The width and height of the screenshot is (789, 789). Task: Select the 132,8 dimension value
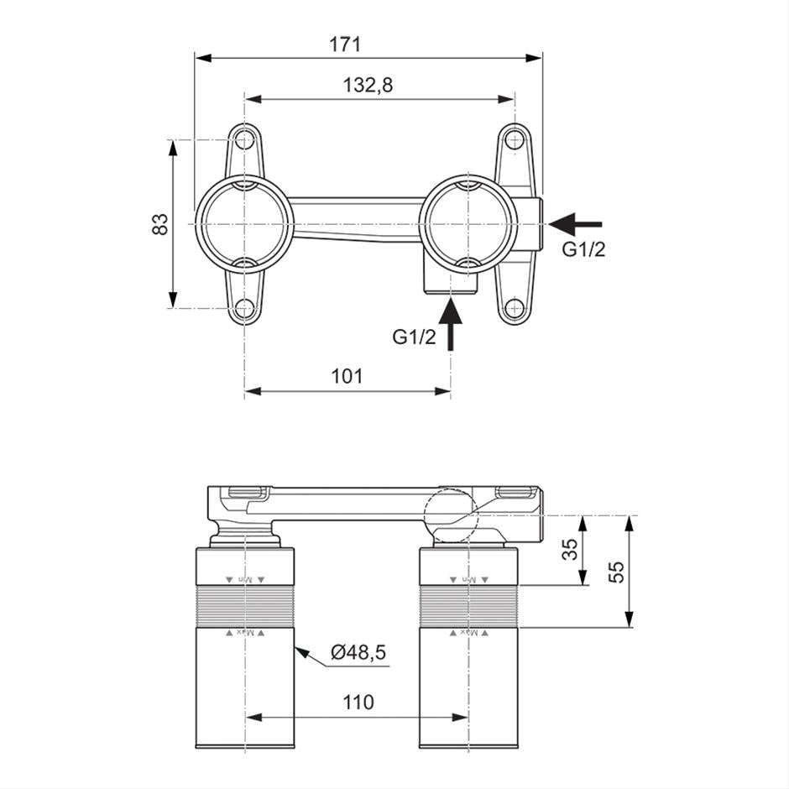pyautogui.click(x=368, y=85)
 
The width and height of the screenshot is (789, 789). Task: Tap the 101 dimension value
pyautogui.click(x=347, y=376)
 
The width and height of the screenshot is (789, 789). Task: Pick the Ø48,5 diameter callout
pyautogui.click(x=358, y=652)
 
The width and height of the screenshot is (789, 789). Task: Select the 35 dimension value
pyautogui.click(x=570, y=551)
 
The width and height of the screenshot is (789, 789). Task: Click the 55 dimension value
pyautogui.click(x=616, y=572)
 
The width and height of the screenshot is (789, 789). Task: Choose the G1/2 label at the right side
pyautogui.click(x=583, y=250)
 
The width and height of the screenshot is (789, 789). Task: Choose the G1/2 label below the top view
pyautogui.click(x=415, y=337)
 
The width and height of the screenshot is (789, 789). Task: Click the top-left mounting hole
pyautogui.click(x=245, y=139)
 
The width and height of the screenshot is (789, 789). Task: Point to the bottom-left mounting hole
pyautogui.click(x=245, y=308)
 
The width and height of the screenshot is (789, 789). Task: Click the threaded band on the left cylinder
pyautogui.click(x=246, y=605)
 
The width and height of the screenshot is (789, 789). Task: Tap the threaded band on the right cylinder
pyautogui.click(x=470, y=605)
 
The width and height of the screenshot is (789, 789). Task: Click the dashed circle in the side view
pyautogui.click(x=451, y=516)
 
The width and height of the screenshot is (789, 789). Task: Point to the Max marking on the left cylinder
pyautogui.click(x=244, y=632)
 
